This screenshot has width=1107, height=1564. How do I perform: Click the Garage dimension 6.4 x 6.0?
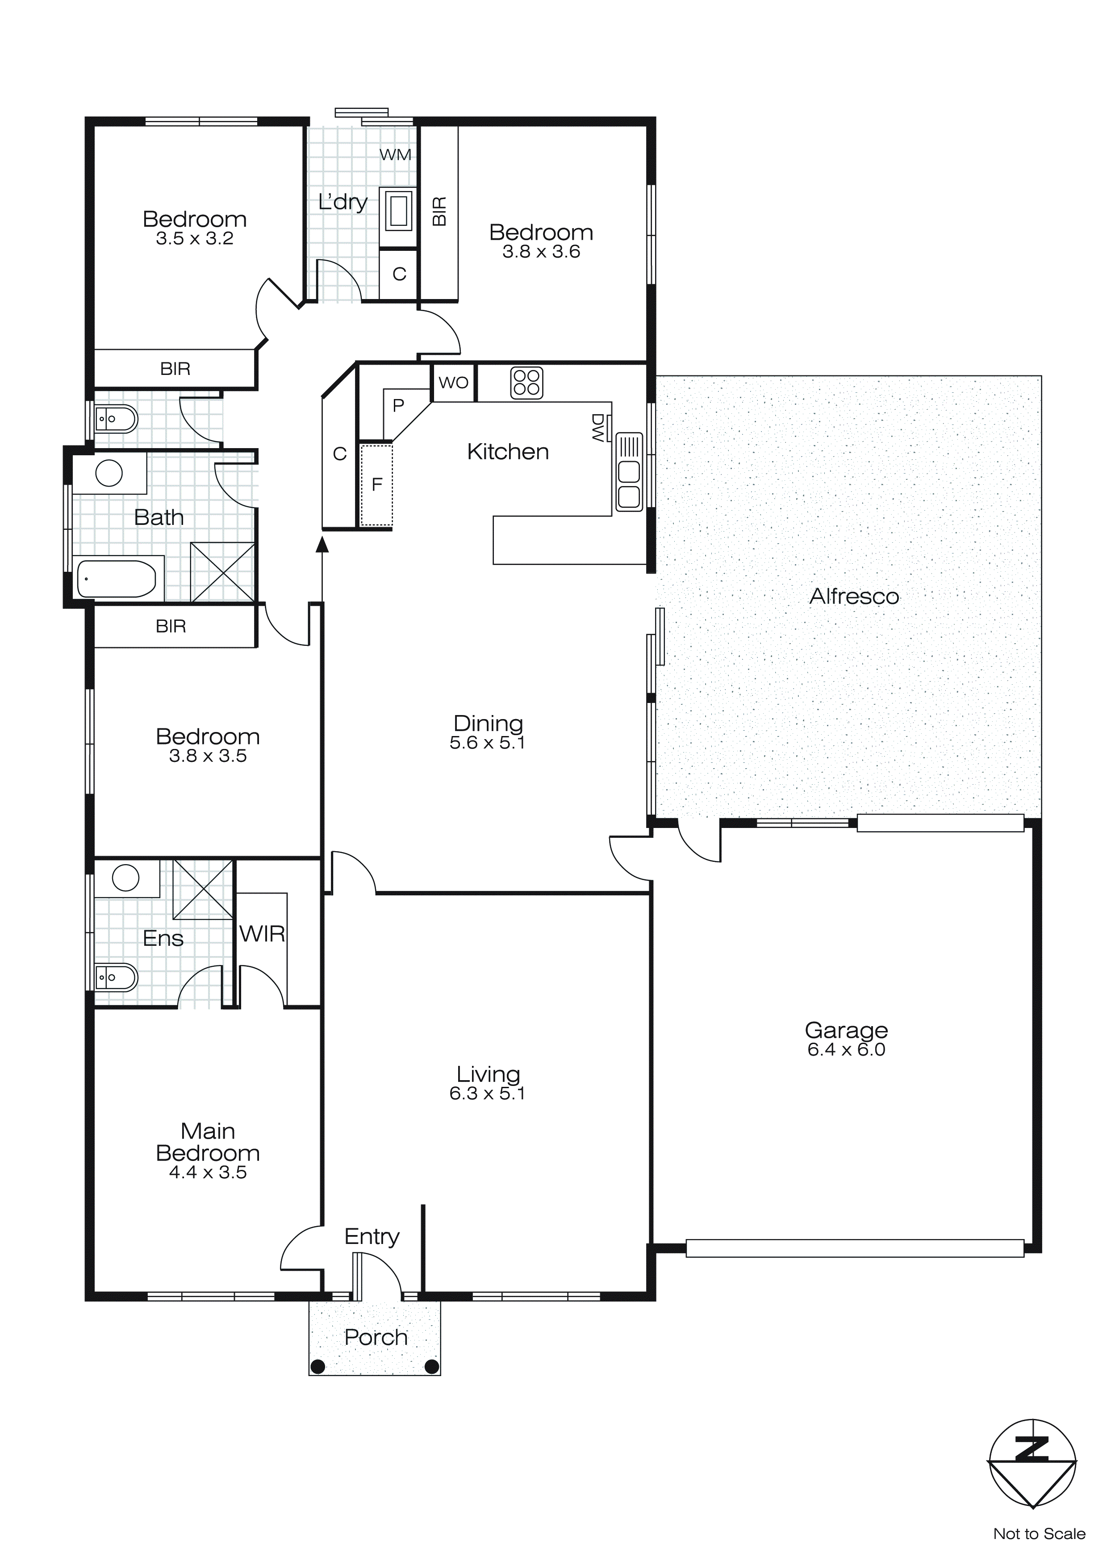846,1050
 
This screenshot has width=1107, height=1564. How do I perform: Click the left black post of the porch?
317,1366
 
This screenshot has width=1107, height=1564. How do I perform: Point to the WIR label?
262,934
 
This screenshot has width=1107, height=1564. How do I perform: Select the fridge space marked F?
377,485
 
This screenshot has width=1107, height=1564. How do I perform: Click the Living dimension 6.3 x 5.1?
487,1093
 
